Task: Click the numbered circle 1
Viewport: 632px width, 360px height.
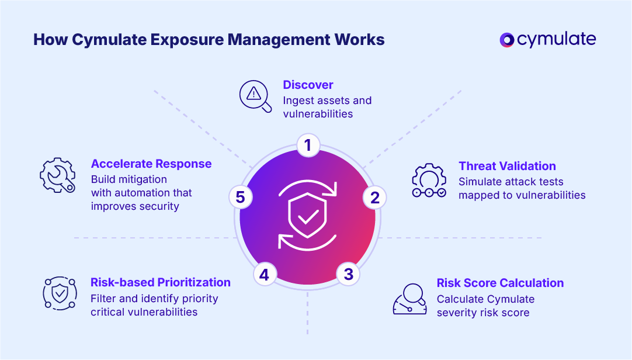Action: point(308,145)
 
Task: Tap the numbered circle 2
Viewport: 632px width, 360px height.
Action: point(375,198)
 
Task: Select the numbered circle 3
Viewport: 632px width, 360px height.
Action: point(348,274)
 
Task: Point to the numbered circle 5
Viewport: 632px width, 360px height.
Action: point(240,198)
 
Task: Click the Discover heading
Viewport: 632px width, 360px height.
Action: point(308,85)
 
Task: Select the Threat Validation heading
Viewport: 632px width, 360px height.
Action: point(507,166)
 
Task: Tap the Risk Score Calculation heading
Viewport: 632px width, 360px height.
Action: point(500,283)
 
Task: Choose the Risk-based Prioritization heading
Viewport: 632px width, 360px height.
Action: point(161,282)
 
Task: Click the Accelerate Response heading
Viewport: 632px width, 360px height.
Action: point(151,164)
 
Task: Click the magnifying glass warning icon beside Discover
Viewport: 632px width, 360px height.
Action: point(256,96)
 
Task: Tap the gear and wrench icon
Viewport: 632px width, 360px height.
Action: point(57,175)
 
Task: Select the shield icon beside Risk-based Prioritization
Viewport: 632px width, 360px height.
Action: point(60,293)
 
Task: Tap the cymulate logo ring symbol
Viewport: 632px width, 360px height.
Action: point(507,40)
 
